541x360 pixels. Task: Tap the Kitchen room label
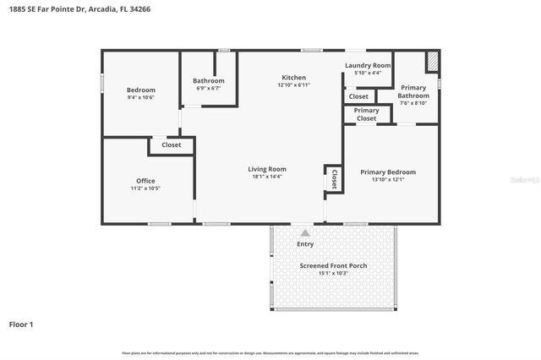tap(293, 77)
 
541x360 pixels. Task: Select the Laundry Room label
tap(368, 65)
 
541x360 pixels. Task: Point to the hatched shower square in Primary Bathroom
tap(431, 63)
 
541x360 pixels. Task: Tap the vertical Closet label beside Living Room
tap(334, 179)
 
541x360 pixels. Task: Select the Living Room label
tap(267, 168)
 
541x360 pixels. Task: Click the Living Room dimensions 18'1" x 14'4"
tap(267, 177)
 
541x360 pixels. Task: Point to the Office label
tap(145, 180)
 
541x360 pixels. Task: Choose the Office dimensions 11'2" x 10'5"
tap(145, 188)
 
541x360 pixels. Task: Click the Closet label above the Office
tap(171, 145)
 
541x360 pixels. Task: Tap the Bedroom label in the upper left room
tap(141, 90)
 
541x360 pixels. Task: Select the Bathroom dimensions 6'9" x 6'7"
tap(209, 88)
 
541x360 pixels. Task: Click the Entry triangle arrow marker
tap(305, 232)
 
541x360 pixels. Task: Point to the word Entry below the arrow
tap(305, 244)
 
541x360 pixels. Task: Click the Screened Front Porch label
tap(333, 265)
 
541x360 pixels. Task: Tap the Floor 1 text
tap(21, 324)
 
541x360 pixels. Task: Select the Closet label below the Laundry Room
tap(358, 96)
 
